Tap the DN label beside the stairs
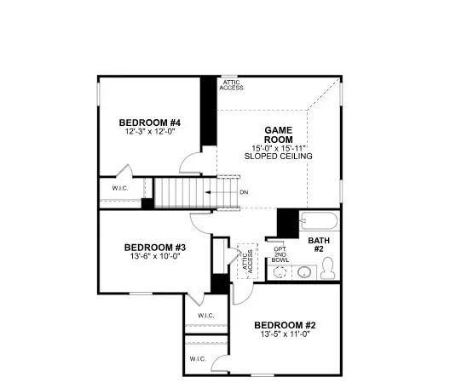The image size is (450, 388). coord(244,192)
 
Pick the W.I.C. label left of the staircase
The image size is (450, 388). coord(119,187)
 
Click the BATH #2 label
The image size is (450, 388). coord(319,245)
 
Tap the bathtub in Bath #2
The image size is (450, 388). coord(319,223)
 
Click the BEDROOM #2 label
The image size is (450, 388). coord(286,325)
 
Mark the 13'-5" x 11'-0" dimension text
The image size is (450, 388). coord(286,335)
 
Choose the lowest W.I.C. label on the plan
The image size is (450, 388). coord(199,358)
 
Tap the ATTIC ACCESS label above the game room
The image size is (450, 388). coord(231,84)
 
